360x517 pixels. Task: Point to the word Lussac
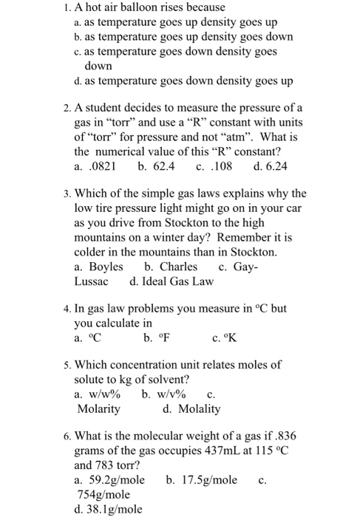click(x=92, y=281)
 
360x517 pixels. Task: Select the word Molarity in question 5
click(x=98, y=408)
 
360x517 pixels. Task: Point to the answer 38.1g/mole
click(x=116, y=509)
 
